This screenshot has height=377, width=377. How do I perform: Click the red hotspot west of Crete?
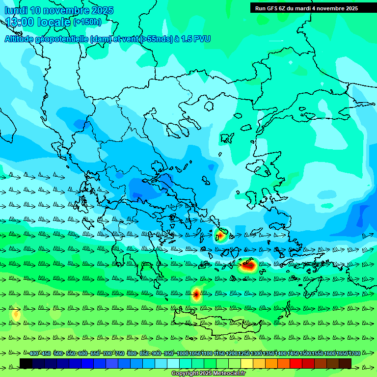(196, 295)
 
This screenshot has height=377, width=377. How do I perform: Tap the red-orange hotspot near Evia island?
(221, 236)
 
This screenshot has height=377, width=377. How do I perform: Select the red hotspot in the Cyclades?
(248, 266)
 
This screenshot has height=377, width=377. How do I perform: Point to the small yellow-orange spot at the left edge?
(16, 314)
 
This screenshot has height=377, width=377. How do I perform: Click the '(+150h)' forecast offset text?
(87, 22)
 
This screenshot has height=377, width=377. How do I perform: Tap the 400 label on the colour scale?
(33, 353)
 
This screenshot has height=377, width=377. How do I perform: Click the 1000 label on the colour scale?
(182, 353)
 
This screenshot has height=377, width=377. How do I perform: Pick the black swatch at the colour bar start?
(26, 363)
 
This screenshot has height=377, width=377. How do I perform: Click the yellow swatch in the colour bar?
(247, 363)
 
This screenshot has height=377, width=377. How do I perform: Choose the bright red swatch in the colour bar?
(296, 363)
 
